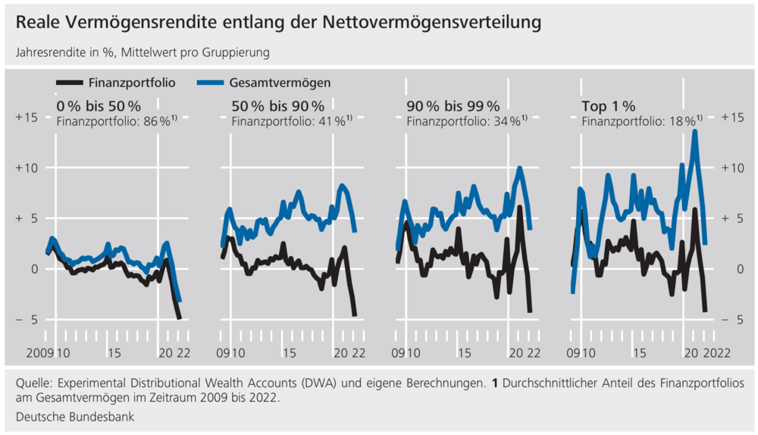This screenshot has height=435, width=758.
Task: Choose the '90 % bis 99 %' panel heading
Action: tap(453, 105)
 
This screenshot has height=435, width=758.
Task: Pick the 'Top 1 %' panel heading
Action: tap(608, 105)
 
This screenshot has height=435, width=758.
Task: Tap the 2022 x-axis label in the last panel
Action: tap(718, 352)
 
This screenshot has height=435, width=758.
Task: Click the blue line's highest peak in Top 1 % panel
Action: tap(694, 132)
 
